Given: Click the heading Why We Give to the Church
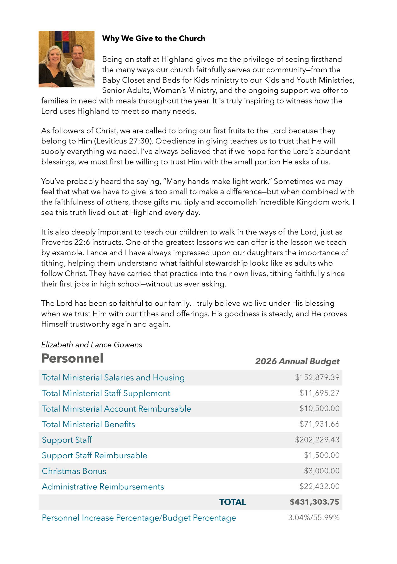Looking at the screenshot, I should click(x=153, y=38).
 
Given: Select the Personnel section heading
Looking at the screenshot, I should click(x=72, y=358).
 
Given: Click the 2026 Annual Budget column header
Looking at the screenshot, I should click(x=297, y=361).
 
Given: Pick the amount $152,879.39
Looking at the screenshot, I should click(x=317, y=377).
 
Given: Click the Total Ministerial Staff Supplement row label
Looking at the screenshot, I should click(x=106, y=393).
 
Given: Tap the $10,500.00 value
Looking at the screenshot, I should click(x=319, y=409).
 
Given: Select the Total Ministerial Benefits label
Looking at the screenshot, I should click(x=88, y=424).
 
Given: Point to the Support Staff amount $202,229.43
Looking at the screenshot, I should click(x=317, y=440).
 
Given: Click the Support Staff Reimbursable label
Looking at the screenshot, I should click(x=95, y=456).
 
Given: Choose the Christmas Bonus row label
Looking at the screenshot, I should click(x=74, y=471).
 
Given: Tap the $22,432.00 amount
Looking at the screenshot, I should click(x=319, y=486).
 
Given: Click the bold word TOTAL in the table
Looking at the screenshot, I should click(x=232, y=502).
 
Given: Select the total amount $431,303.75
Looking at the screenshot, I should click(x=314, y=502).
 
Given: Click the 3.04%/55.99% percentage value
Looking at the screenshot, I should click(x=314, y=518).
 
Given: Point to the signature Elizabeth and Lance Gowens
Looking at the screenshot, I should click(x=91, y=345).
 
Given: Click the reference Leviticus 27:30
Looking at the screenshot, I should click(x=123, y=141).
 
